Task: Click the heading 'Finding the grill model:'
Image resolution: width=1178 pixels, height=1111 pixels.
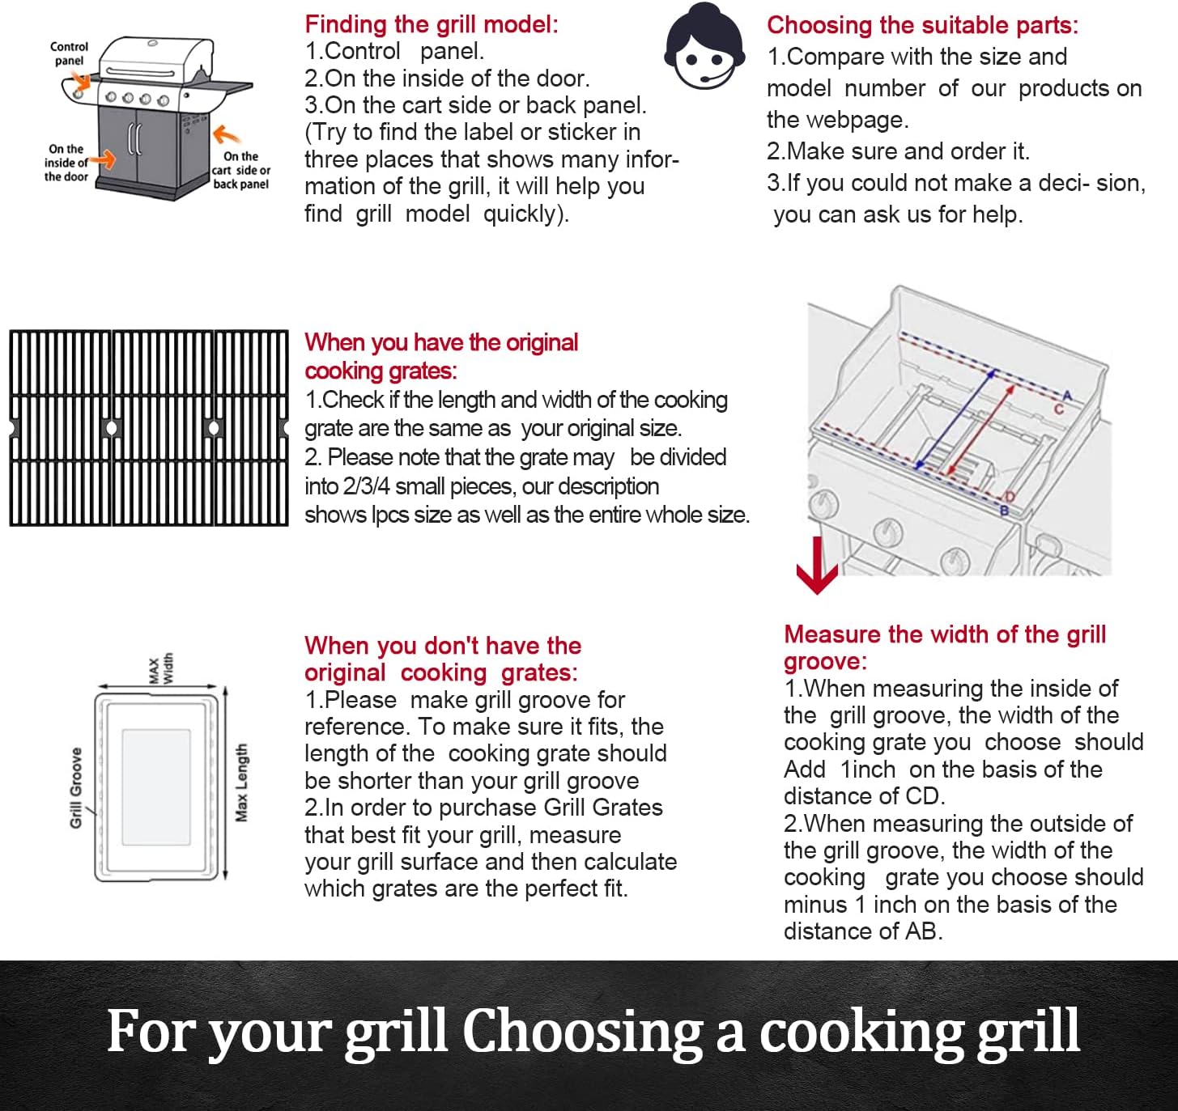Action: coord(431,24)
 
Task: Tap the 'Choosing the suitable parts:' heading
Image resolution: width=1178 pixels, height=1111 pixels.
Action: coord(922,25)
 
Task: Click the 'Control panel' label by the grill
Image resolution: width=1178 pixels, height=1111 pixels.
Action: coord(69,53)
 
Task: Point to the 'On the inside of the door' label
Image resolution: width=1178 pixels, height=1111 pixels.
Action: coord(66,163)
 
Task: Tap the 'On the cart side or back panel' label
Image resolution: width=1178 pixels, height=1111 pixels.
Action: coord(241,170)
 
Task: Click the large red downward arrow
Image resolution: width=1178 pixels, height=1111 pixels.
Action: coord(817,566)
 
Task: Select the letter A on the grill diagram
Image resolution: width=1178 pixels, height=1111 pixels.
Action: coord(1067,395)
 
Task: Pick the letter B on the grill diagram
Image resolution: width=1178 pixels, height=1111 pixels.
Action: coord(1004,511)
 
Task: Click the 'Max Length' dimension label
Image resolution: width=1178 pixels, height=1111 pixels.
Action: coord(241,782)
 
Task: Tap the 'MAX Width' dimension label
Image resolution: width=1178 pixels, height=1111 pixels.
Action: coord(161,669)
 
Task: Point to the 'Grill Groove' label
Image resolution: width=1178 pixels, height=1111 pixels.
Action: coord(76,787)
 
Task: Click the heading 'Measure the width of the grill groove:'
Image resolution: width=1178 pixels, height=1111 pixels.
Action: coord(944,647)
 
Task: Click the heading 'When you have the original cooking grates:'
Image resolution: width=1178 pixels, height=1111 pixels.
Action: coord(440,356)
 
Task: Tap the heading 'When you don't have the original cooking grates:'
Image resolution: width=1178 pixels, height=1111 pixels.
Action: coord(442,659)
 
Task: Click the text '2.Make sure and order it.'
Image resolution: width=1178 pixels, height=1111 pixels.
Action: coord(898,151)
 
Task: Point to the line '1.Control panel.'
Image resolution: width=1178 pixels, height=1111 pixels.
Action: coord(394,51)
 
